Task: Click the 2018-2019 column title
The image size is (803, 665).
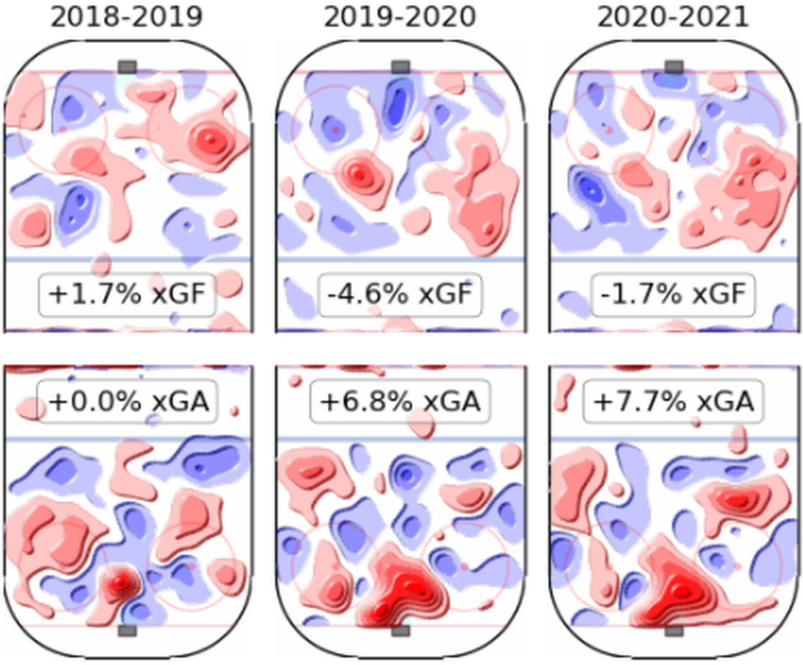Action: tap(126, 17)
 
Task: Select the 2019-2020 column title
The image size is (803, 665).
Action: tap(400, 17)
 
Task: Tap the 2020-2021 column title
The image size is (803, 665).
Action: tap(673, 17)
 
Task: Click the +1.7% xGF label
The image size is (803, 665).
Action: tap(127, 295)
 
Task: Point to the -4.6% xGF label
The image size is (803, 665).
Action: tap(400, 295)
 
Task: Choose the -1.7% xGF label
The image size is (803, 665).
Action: tap(673, 295)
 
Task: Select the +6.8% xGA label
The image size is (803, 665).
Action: tap(400, 402)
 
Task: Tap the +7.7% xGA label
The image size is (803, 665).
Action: tap(673, 402)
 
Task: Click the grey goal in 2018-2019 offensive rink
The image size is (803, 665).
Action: tap(127, 67)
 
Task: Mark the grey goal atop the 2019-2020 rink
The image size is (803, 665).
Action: tap(401, 67)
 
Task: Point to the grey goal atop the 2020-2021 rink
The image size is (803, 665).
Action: tap(674, 67)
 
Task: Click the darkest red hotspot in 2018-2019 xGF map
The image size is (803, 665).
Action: tap(210, 138)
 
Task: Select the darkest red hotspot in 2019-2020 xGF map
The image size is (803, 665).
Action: tap(359, 175)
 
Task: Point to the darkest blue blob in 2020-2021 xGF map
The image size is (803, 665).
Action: tap(590, 190)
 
